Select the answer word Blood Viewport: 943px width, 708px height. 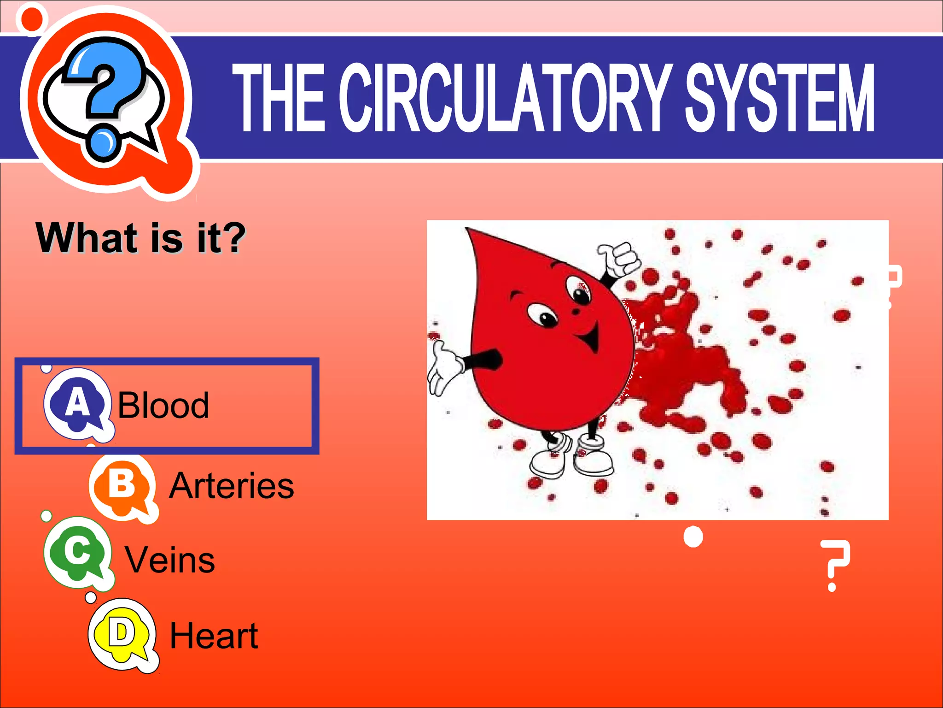[163, 405]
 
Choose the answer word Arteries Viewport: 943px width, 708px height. [232, 486]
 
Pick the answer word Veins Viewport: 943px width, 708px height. [170, 560]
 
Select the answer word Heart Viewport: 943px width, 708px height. [214, 635]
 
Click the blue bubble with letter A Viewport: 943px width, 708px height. [77, 403]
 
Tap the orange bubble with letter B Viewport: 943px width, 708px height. [122, 486]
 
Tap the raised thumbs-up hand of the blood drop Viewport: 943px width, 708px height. [619, 258]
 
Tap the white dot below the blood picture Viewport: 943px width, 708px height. [693, 537]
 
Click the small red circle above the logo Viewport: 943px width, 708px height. [31, 18]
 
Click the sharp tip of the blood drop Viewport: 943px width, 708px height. [467, 229]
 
